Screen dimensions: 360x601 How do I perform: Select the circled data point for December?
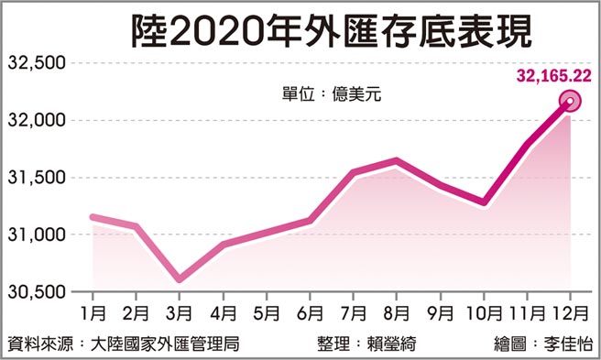click(570, 102)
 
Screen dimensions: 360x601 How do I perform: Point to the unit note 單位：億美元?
click(325, 93)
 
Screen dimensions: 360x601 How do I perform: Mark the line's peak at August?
click(397, 161)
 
